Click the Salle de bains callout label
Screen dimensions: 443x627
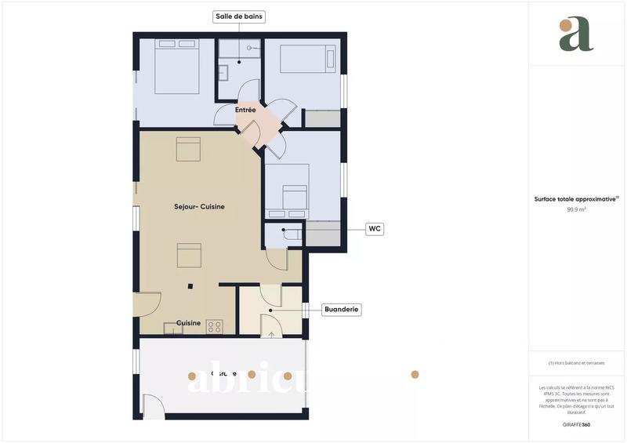(x=239, y=16)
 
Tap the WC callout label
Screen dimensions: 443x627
(x=375, y=229)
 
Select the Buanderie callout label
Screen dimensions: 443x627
(x=342, y=310)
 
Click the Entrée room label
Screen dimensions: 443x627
(x=245, y=111)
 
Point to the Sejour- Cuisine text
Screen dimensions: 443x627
(x=199, y=207)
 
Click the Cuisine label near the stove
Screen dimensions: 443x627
(x=188, y=323)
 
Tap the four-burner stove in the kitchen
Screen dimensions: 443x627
(x=216, y=328)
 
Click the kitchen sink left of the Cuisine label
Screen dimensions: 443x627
(x=172, y=329)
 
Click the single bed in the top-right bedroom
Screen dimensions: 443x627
(x=308, y=59)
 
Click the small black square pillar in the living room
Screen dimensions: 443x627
(x=190, y=286)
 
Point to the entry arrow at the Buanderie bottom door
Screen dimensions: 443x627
(x=271, y=335)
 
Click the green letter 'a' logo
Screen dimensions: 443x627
(x=576, y=34)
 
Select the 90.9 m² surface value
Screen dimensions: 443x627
(x=577, y=210)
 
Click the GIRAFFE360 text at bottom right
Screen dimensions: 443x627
(x=577, y=424)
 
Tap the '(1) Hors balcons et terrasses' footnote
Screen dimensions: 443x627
(x=577, y=364)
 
